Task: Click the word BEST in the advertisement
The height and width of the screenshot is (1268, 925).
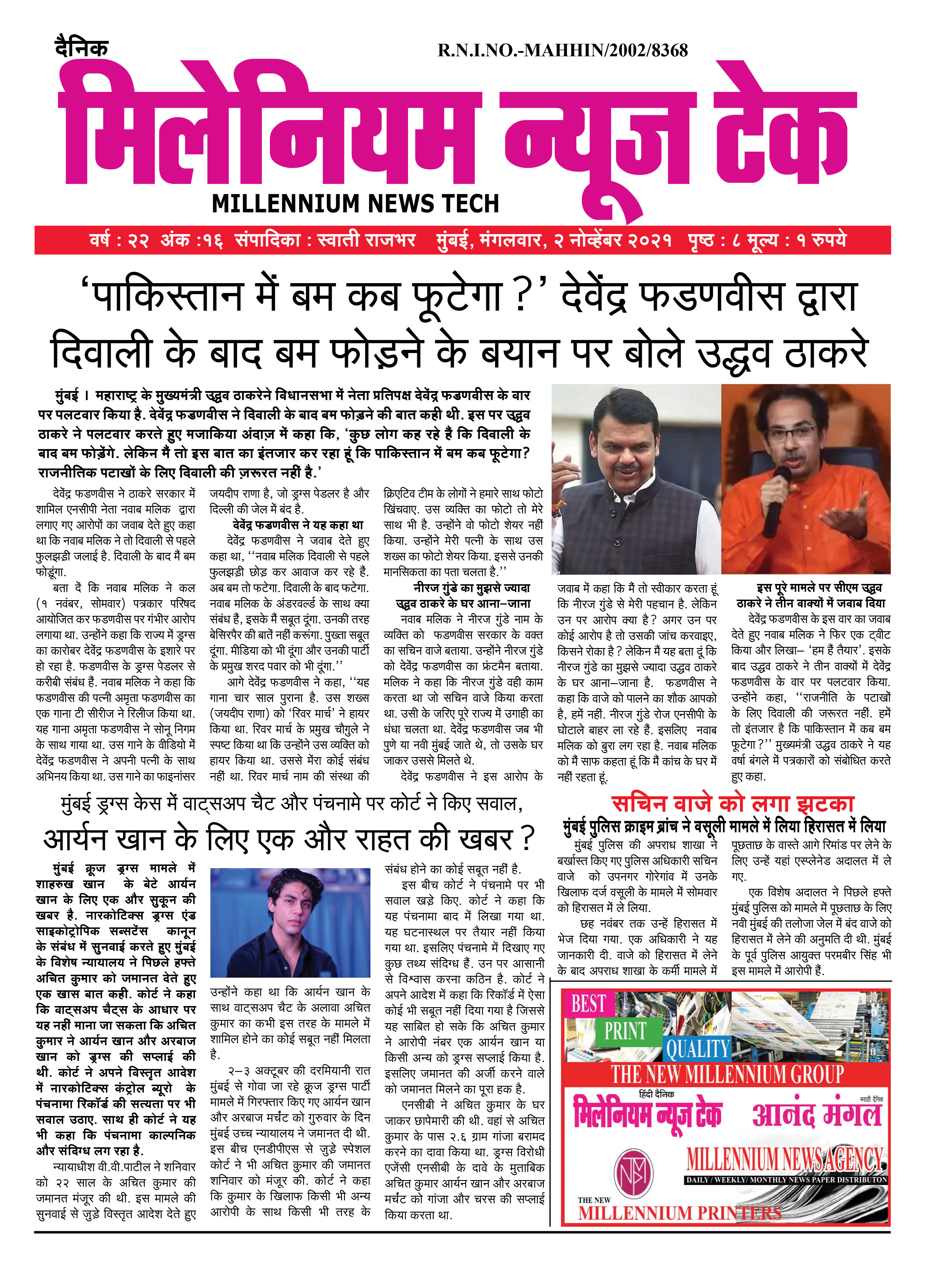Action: (x=588, y=1004)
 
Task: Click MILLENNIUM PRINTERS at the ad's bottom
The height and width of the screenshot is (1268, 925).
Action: (x=679, y=1213)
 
